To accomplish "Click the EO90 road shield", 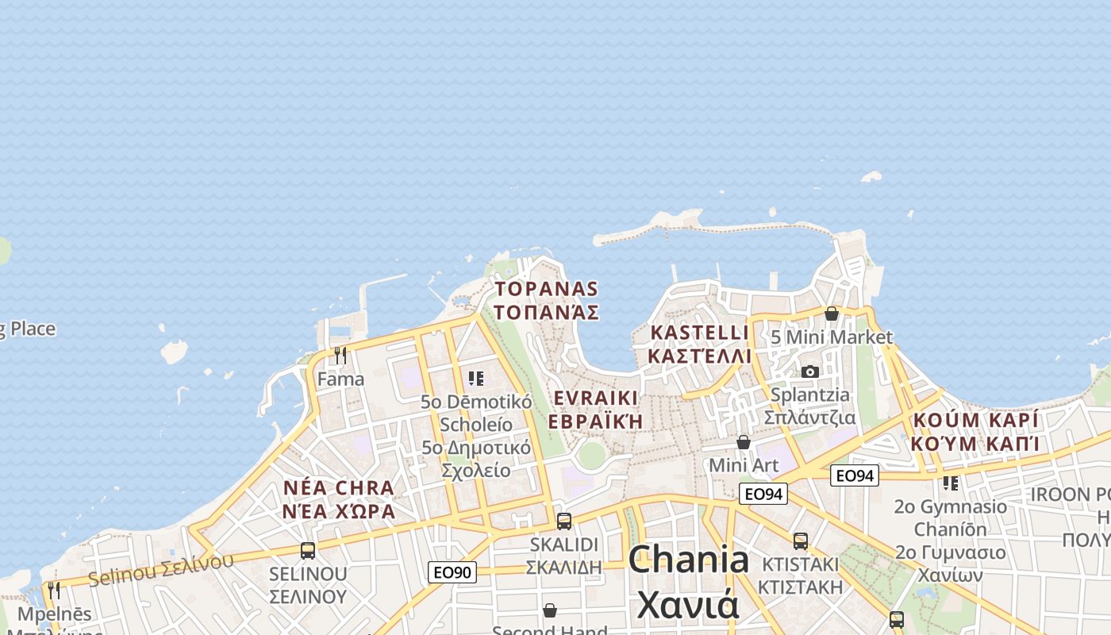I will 452,571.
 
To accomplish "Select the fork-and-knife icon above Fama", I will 340,355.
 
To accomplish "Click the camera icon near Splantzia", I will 810,371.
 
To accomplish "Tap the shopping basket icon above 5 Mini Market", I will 831,314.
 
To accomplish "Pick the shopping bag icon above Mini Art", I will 744,441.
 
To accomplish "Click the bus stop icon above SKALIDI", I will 564,521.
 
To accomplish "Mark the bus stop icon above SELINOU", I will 308,550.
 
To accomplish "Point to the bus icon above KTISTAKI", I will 800,541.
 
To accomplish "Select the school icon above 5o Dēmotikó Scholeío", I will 476,379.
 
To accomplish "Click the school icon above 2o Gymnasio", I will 950,483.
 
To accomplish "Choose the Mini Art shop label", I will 744,464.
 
